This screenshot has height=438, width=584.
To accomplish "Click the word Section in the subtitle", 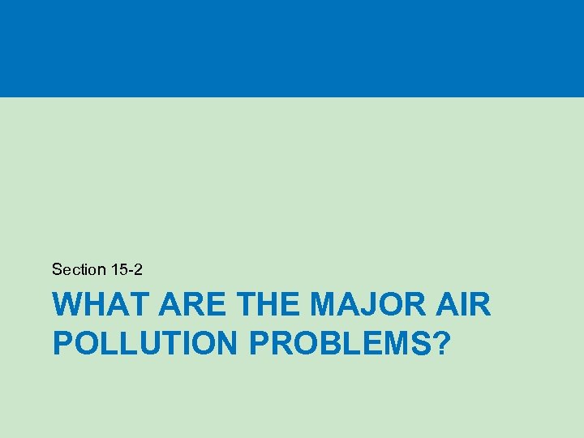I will (79, 269).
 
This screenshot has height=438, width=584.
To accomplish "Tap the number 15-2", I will (127, 269).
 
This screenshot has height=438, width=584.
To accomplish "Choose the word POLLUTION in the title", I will (144, 342).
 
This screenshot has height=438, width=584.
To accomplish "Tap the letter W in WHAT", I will (67, 307).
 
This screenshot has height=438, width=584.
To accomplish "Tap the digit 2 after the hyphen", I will (138, 269).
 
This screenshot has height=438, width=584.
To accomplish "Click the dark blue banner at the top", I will (292, 49).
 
